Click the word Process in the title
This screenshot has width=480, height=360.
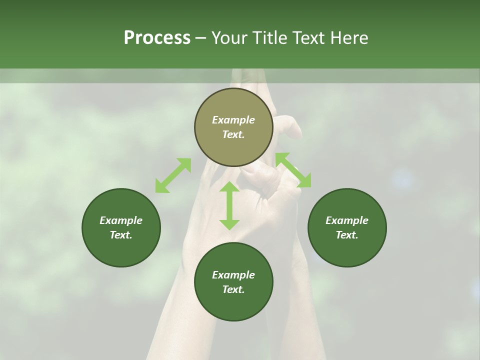[157, 38]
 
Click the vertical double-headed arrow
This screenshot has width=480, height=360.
[229, 205]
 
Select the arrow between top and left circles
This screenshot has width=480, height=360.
[173, 175]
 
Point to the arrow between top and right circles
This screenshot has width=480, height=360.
[293, 170]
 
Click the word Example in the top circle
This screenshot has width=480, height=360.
[233, 120]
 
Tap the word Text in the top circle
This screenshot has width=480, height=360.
[233, 134]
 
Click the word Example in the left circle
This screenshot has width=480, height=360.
[121, 220]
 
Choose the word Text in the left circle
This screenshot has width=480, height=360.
[121, 235]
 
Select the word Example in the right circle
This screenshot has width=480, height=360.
[347, 220]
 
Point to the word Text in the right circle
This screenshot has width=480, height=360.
[347, 235]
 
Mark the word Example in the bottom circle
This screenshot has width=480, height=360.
[233, 275]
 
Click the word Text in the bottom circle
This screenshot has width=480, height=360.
[233, 289]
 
